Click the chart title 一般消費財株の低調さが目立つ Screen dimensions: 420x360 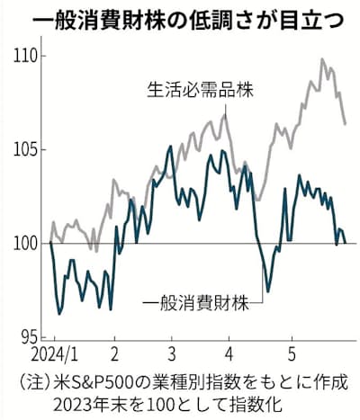pyautogui.click(x=180, y=17)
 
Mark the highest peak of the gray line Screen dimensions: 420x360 pyautogui.click(x=321, y=59)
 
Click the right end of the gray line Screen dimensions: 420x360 pyautogui.click(x=346, y=124)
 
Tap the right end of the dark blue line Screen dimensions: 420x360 pyautogui.click(x=346, y=242)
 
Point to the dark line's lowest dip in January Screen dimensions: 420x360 pyautogui.click(x=59, y=314)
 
